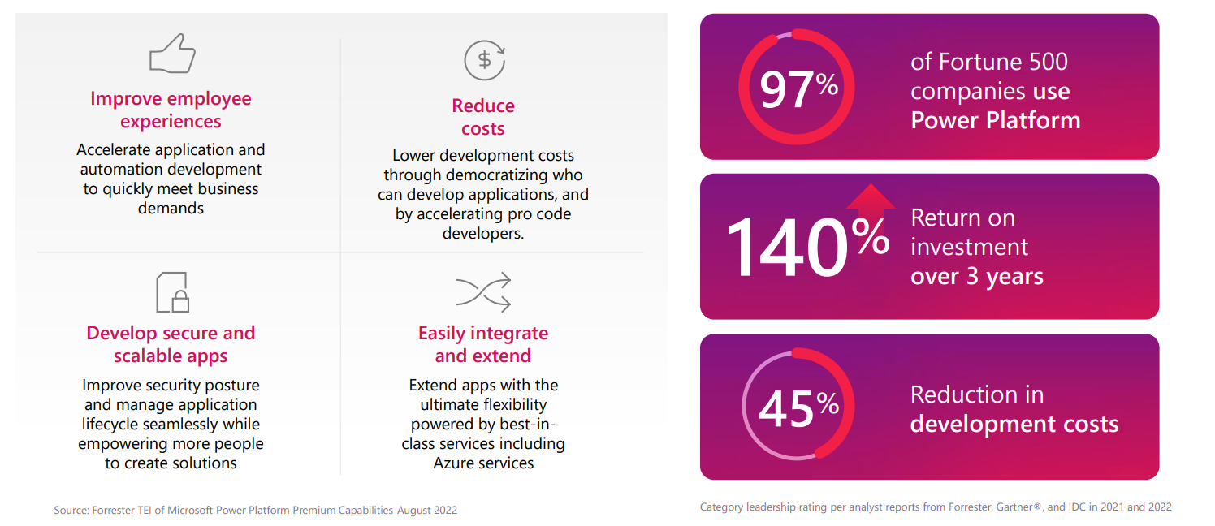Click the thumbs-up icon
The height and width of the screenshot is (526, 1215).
tap(172, 54)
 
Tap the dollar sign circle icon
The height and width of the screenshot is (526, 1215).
tap(484, 59)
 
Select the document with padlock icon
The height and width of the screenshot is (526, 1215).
tap(172, 292)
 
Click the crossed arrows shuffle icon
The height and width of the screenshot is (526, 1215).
tap(483, 292)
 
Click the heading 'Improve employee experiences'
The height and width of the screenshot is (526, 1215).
tap(171, 110)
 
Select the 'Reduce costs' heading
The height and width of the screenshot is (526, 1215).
tap(483, 117)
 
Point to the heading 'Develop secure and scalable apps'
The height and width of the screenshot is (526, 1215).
tap(171, 344)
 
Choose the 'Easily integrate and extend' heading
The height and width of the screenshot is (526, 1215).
tap(483, 344)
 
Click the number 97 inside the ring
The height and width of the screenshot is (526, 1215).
tap(786, 89)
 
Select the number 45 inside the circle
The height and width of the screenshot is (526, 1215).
tap(786, 408)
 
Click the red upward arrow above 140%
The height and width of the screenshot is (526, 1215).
tap(871, 200)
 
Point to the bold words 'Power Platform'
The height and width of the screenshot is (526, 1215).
tap(995, 120)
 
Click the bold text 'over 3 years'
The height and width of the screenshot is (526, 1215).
tap(976, 276)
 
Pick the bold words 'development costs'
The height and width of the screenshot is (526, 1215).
tap(1014, 424)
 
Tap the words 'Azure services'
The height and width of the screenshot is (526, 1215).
tap(483, 463)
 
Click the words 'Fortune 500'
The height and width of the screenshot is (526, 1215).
tap(1003, 62)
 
